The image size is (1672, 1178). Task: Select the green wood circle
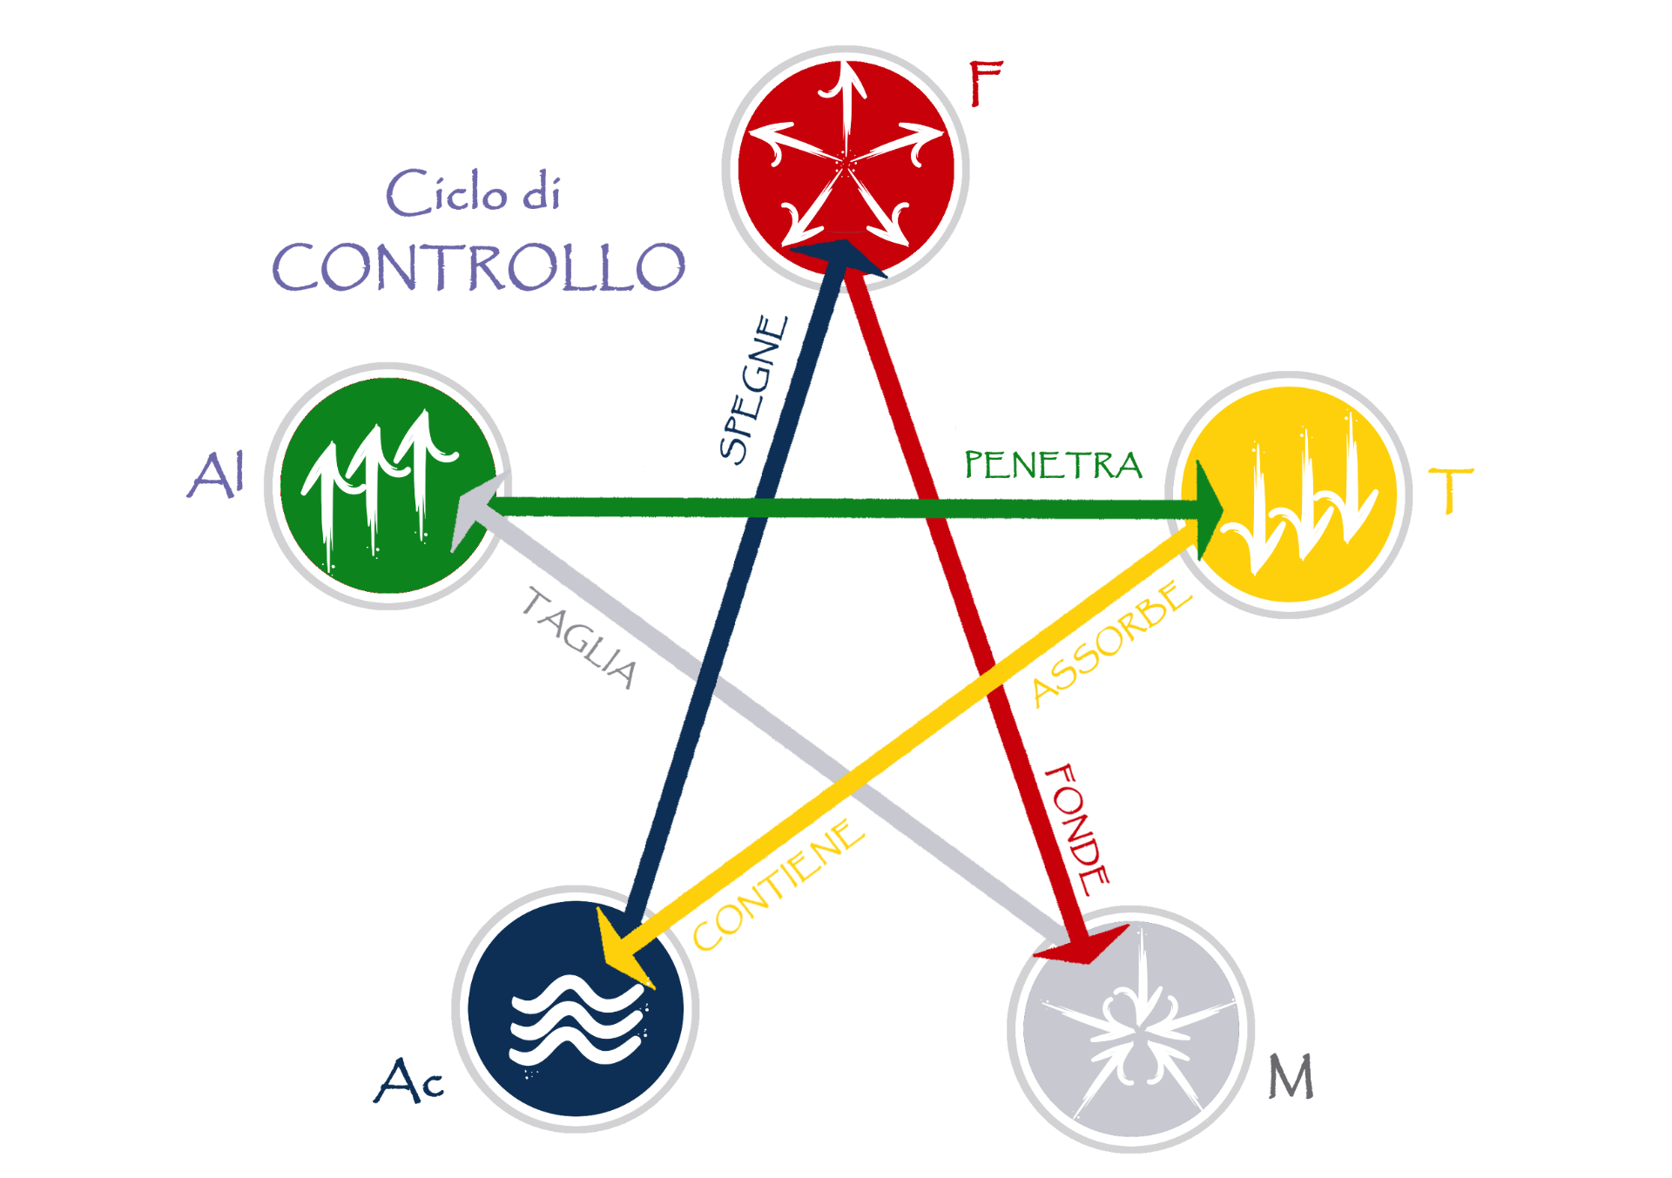pyautogui.click(x=388, y=486)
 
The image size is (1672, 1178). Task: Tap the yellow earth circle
pyautogui.click(x=1290, y=495)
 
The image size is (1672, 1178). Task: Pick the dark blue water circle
pyautogui.click(x=575, y=1008)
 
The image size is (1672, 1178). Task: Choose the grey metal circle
pyautogui.click(x=1130, y=1029)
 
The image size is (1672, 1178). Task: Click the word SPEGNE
pyautogui.click(x=754, y=388)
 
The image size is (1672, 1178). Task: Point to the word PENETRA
pyautogui.click(x=1053, y=465)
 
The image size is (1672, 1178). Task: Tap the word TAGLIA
pyautogui.click(x=580, y=638)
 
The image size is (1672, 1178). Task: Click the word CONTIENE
pyautogui.click(x=779, y=885)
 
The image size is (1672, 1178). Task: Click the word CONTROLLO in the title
pyautogui.click(x=479, y=266)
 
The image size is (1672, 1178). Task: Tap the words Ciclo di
pyautogui.click(x=473, y=192)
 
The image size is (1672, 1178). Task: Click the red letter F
pyautogui.click(x=987, y=84)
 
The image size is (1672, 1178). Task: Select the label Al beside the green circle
pyautogui.click(x=216, y=475)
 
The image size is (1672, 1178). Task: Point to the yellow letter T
pyautogui.click(x=1451, y=490)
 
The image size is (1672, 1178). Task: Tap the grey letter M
pyautogui.click(x=1291, y=1076)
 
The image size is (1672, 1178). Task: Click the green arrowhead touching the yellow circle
pyautogui.click(x=1210, y=510)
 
